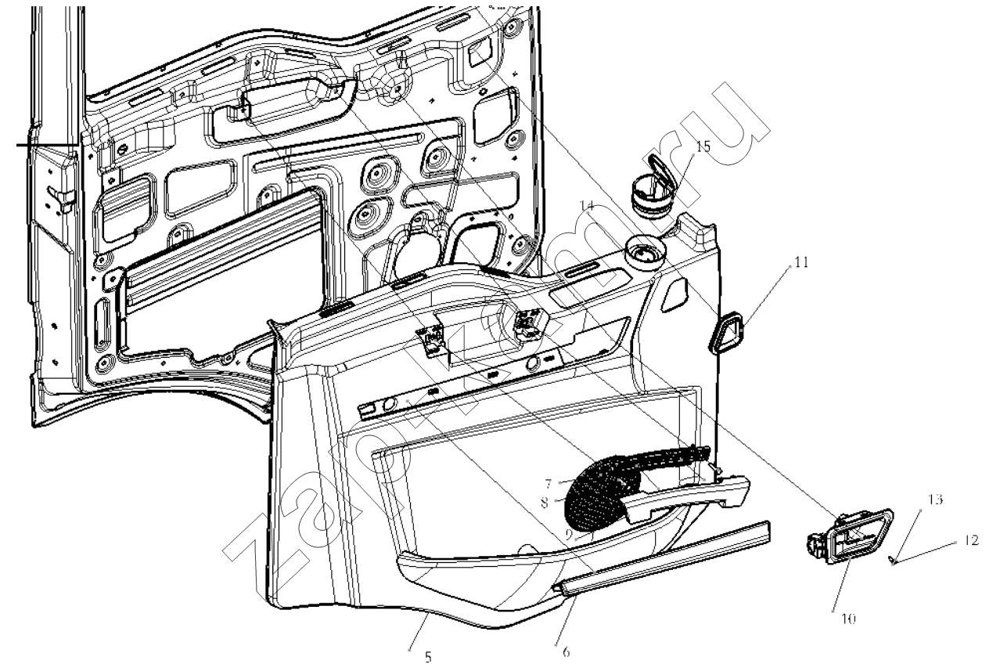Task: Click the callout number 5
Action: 428,658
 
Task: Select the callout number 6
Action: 565,651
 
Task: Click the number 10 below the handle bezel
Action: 848,619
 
